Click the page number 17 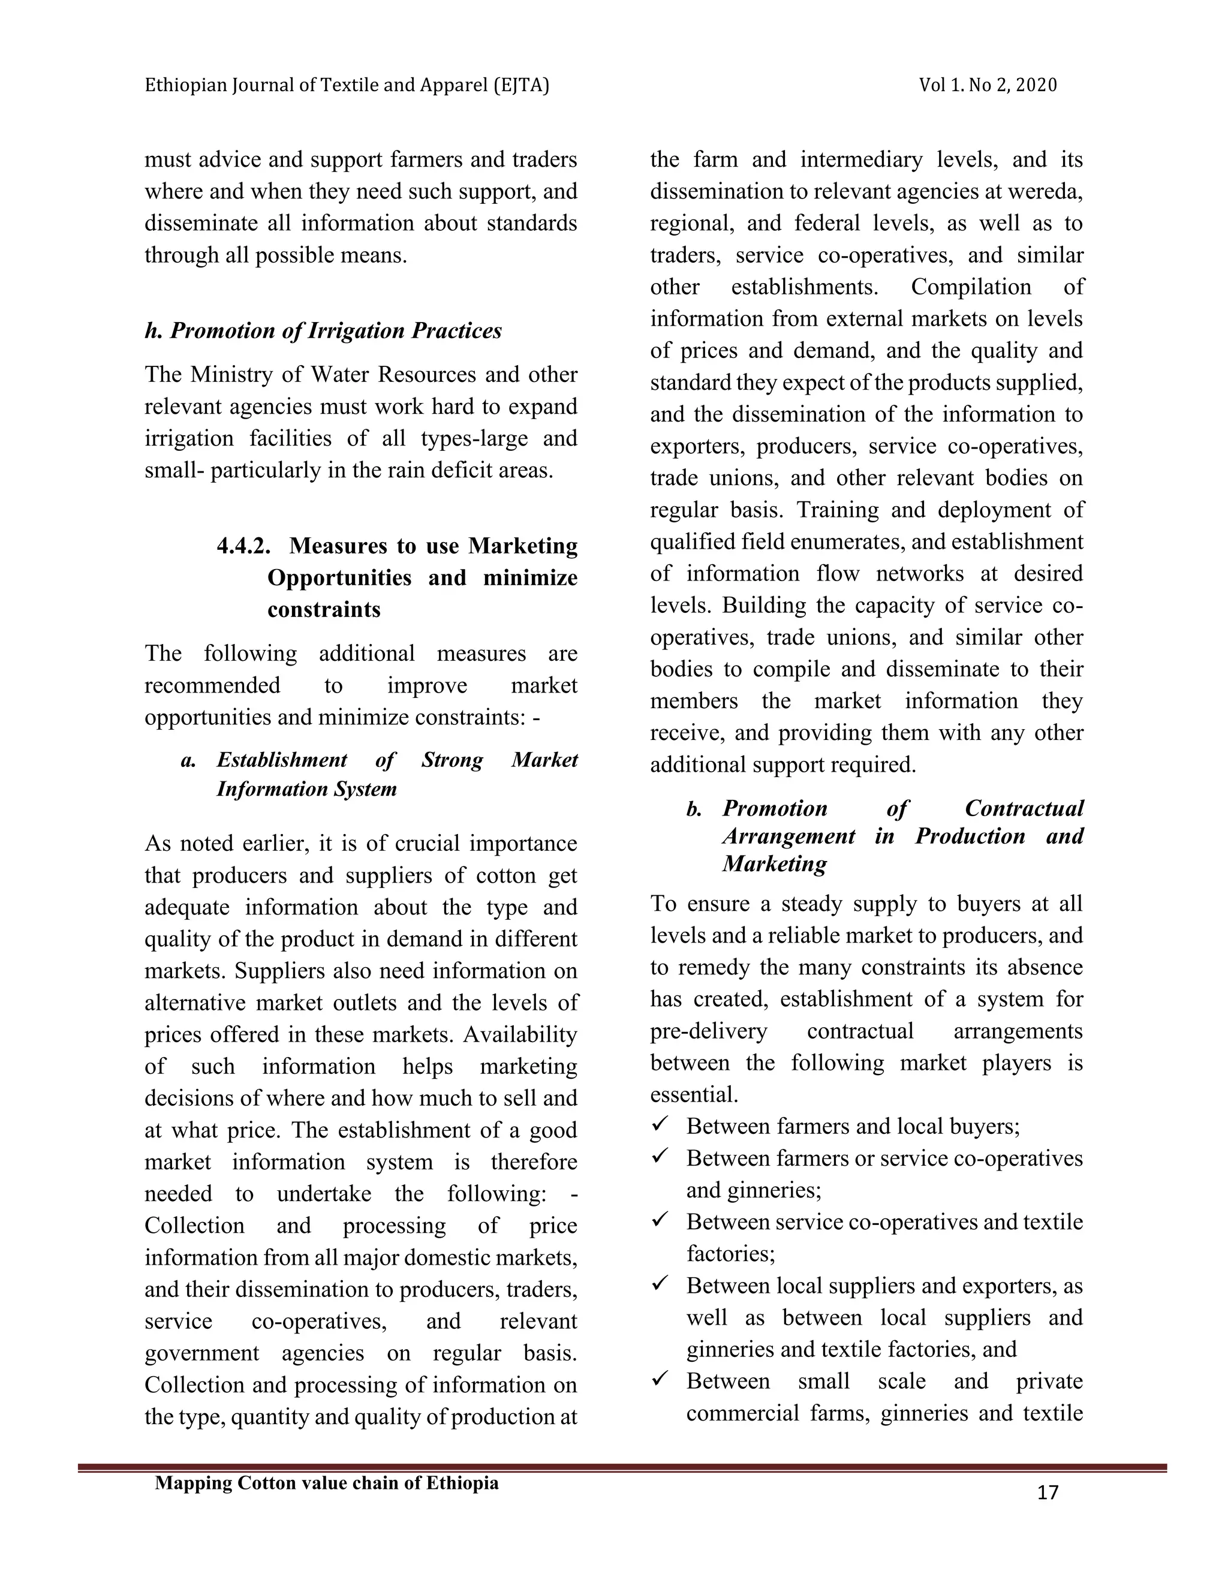tap(1047, 1493)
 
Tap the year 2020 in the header tap(1036, 86)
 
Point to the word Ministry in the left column tap(232, 375)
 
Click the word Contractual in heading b tap(1024, 808)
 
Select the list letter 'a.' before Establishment tap(188, 760)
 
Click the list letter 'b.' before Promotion tap(694, 809)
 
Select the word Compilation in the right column tap(971, 287)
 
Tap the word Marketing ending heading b tap(774, 864)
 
